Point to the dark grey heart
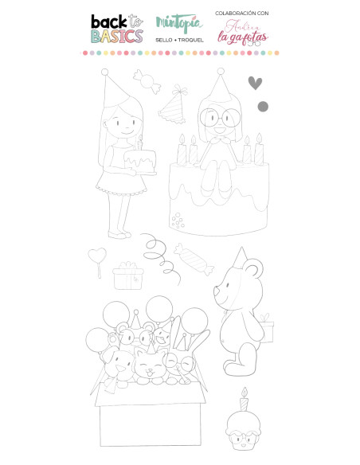[x=255, y=83]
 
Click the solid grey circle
[x=264, y=106]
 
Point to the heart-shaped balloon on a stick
[x=97, y=257]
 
